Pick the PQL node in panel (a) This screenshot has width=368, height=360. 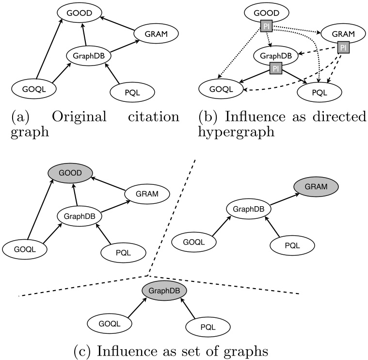(133, 91)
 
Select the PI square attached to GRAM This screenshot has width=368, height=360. (343, 48)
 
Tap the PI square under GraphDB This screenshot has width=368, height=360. (274, 69)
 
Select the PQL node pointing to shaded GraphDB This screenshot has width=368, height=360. (209, 328)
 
